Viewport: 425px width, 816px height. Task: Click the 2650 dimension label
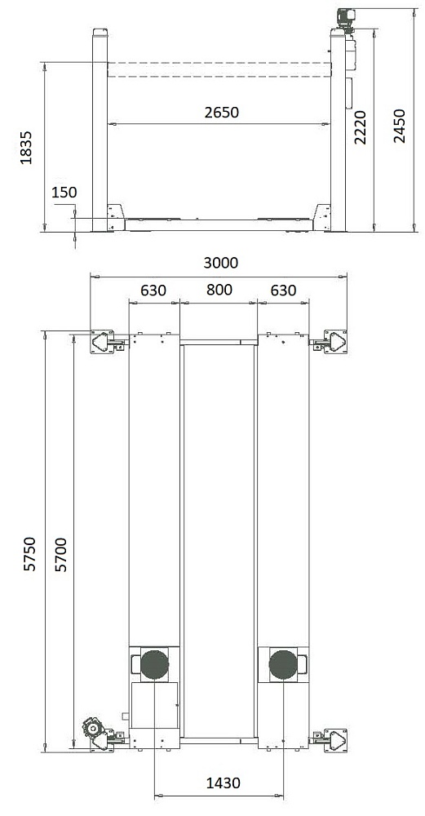(x=221, y=112)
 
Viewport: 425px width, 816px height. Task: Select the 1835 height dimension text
(x=26, y=148)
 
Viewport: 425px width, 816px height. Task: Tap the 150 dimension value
(x=64, y=192)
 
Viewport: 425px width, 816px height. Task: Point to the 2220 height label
(x=361, y=127)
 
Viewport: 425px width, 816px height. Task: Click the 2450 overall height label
(x=399, y=126)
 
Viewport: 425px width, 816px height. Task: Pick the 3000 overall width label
(x=220, y=263)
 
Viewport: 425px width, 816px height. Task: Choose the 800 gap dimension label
(x=219, y=290)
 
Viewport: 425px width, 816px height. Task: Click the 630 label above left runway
(x=153, y=290)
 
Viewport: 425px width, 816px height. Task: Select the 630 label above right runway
(x=283, y=290)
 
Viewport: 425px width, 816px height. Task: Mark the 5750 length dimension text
(x=30, y=554)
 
